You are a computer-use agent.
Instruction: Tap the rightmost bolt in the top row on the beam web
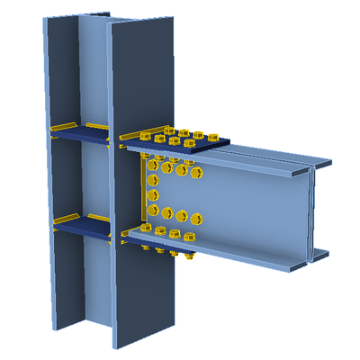196,168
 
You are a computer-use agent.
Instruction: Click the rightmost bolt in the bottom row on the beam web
196,217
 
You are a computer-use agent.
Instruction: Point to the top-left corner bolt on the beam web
154,166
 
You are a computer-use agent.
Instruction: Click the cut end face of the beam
315,211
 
